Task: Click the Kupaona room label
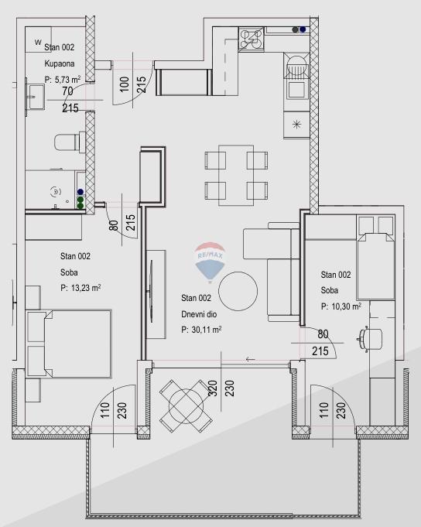pyautogui.click(x=60, y=63)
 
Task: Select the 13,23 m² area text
pyautogui.click(x=86, y=288)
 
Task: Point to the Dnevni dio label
pyautogui.click(x=199, y=314)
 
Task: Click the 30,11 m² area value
pyautogui.click(x=207, y=330)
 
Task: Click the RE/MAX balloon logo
pyautogui.click(x=210, y=262)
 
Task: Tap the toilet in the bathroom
pyautogui.click(x=70, y=142)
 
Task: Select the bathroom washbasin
pyautogui.click(x=36, y=98)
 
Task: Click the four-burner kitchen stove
pyautogui.click(x=251, y=39)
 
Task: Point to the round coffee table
pyautogui.click(x=238, y=291)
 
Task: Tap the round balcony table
pyautogui.click(x=186, y=406)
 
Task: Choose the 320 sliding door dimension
pyautogui.click(x=213, y=388)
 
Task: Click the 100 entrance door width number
pyautogui.click(x=125, y=84)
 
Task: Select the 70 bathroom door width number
pyautogui.click(x=67, y=91)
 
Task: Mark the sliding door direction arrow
pyautogui.click(x=250, y=359)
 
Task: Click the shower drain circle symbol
pyautogui.click(x=56, y=192)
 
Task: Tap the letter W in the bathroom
pyautogui.click(x=38, y=43)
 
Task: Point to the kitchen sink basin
pyautogui.click(x=296, y=90)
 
